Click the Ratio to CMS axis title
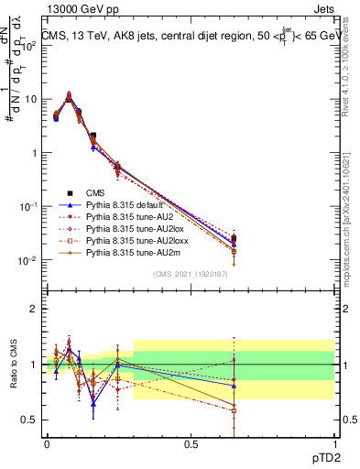[x=15, y=364]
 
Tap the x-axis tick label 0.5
[x=191, y=443]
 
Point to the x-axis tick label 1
[x=334, y=443]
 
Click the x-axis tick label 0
[x=47, y=443]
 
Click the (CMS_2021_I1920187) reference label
[x=191, y=273]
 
